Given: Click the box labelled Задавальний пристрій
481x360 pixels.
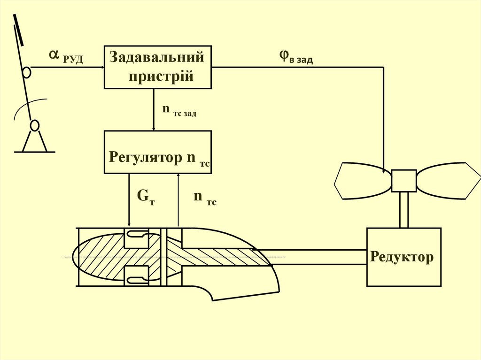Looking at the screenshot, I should click(x=157, y=67).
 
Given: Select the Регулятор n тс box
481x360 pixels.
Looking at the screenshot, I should click(x=157, y=152).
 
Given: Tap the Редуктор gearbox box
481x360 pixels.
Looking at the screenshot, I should click(x=403, y=257).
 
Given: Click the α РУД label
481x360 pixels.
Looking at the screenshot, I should click(x=66, y=57).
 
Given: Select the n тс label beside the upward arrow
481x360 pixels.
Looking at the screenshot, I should click(x=205, y=198).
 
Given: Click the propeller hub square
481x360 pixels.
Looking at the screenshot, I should click(x=403, y=181).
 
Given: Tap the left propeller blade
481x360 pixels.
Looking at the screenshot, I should click(x=362, y=181).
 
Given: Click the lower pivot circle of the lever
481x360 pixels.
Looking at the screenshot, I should click(x=34, y=126).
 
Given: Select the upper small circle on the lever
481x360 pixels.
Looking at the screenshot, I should click(x=26, y=72).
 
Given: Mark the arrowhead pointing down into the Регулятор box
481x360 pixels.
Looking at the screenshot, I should click(x=154, y=128).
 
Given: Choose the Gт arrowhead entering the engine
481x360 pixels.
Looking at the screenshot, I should click(x=129, y=224).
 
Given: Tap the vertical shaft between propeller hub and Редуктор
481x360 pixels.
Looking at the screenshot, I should click(x=403, y=210).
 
